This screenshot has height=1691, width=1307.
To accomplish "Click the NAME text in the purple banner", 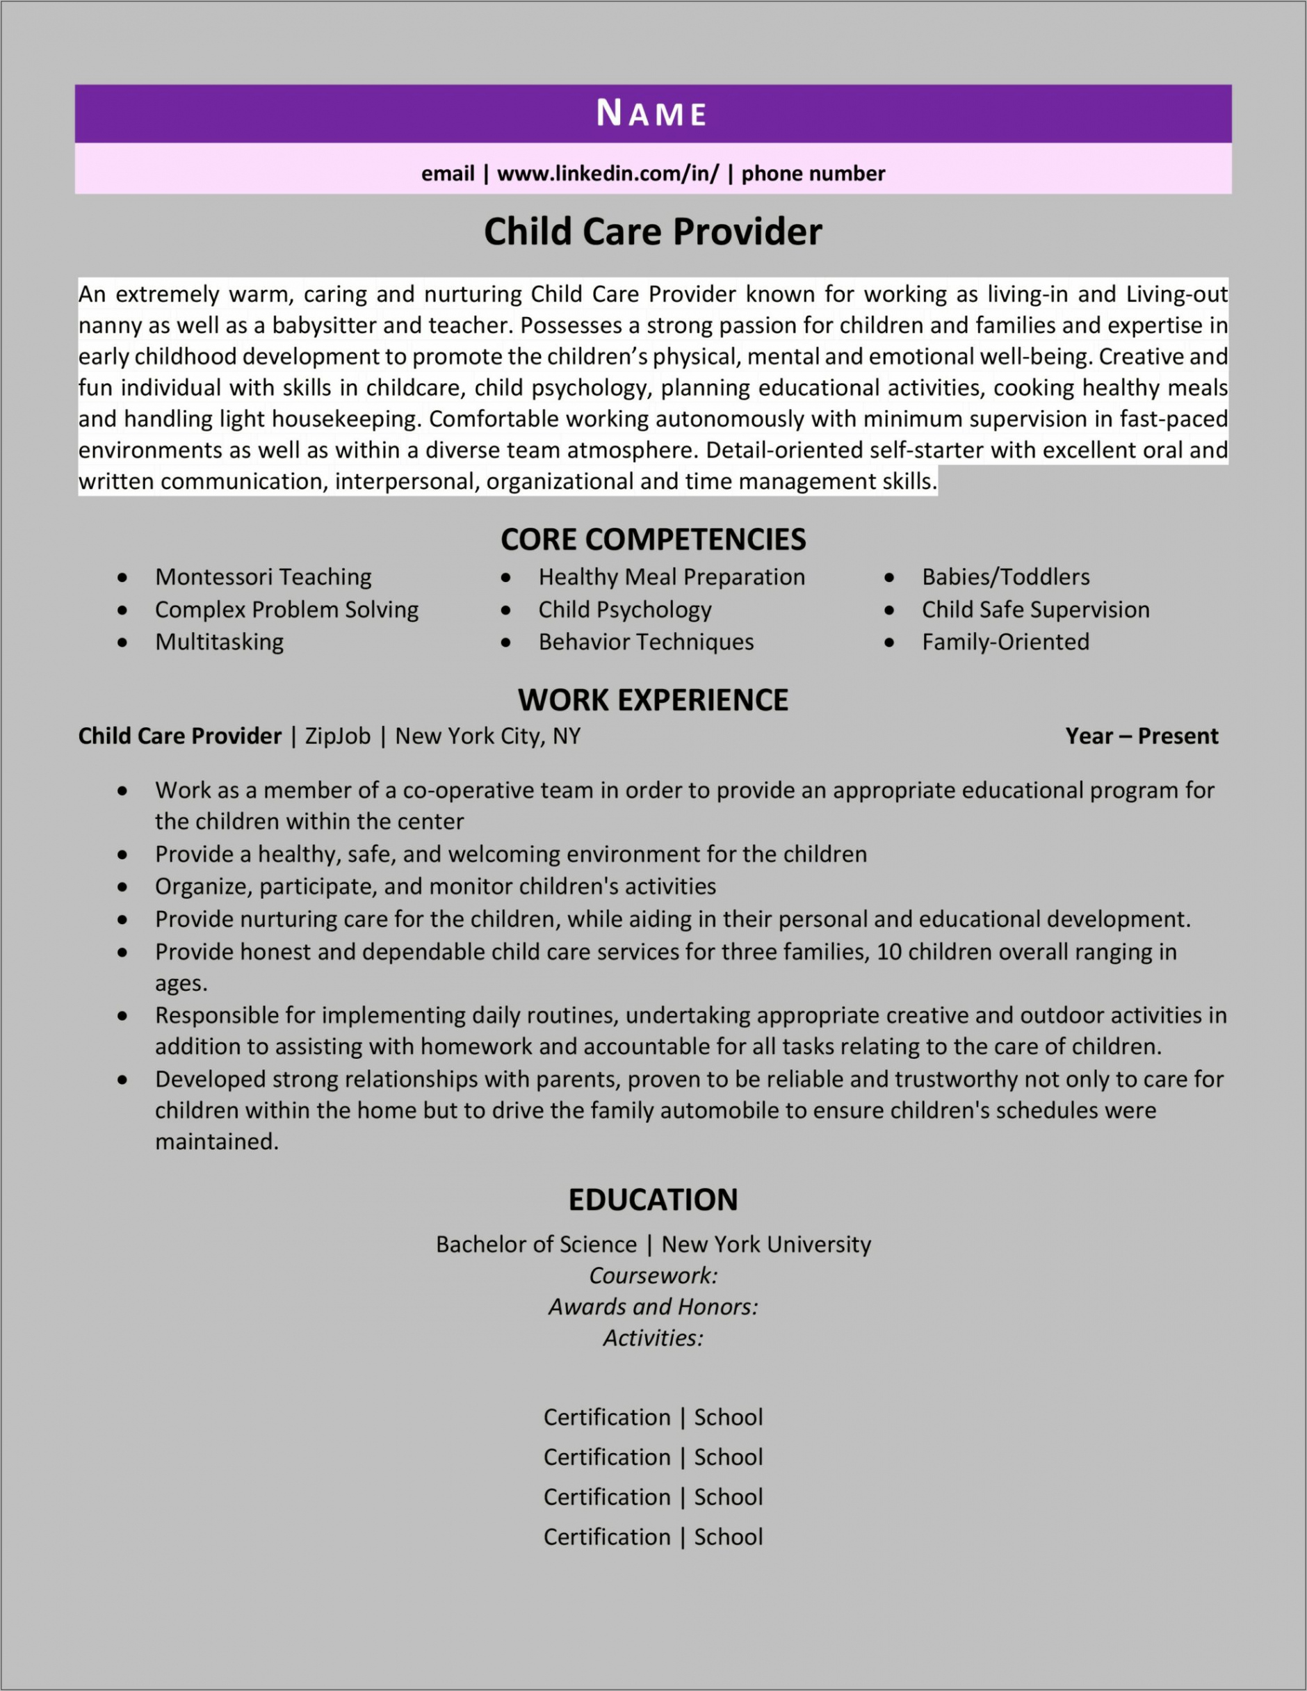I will coord(652,114).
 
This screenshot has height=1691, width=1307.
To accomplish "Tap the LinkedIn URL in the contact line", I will coord(608,173).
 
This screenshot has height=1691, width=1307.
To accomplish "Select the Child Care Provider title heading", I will coord(653,232).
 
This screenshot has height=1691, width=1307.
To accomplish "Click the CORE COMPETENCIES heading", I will coord(653,540).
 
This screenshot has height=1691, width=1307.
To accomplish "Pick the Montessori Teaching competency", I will coord(263,577).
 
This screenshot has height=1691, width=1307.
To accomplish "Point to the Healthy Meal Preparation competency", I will coord(672,577).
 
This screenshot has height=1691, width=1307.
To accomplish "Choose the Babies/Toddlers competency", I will coord(1005,577).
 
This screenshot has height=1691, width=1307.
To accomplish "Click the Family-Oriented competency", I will coord(1005,642).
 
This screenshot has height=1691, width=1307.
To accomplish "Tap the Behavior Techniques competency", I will coord(646,642).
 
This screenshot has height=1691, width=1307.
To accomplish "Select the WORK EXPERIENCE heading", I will coord(653,700).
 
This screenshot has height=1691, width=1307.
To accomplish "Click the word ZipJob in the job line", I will coord(338,736).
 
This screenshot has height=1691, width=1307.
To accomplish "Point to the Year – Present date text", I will coord(1142,736).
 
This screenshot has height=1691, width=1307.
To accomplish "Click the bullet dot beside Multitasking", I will coord(122,642).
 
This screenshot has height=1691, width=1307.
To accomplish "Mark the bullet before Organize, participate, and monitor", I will coord(122,887).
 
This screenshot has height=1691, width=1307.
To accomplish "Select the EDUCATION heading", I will coord(653,1200).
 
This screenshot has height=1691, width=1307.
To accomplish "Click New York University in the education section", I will coord(765,1244).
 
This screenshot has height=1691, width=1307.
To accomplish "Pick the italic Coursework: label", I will coord(653,1275).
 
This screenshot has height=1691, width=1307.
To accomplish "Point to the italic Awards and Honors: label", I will coord(653,1307).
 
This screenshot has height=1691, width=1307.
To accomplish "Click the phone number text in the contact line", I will coord(813,173).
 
